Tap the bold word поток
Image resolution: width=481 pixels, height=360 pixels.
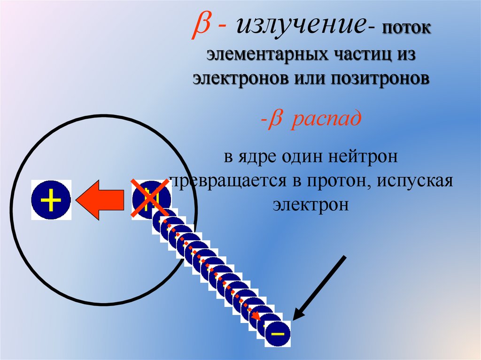[406, 30]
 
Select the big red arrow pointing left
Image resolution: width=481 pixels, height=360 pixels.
[101, 199]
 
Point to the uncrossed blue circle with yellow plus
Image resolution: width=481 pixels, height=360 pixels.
[51, 199]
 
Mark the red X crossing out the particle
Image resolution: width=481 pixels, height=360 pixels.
[150, 199]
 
